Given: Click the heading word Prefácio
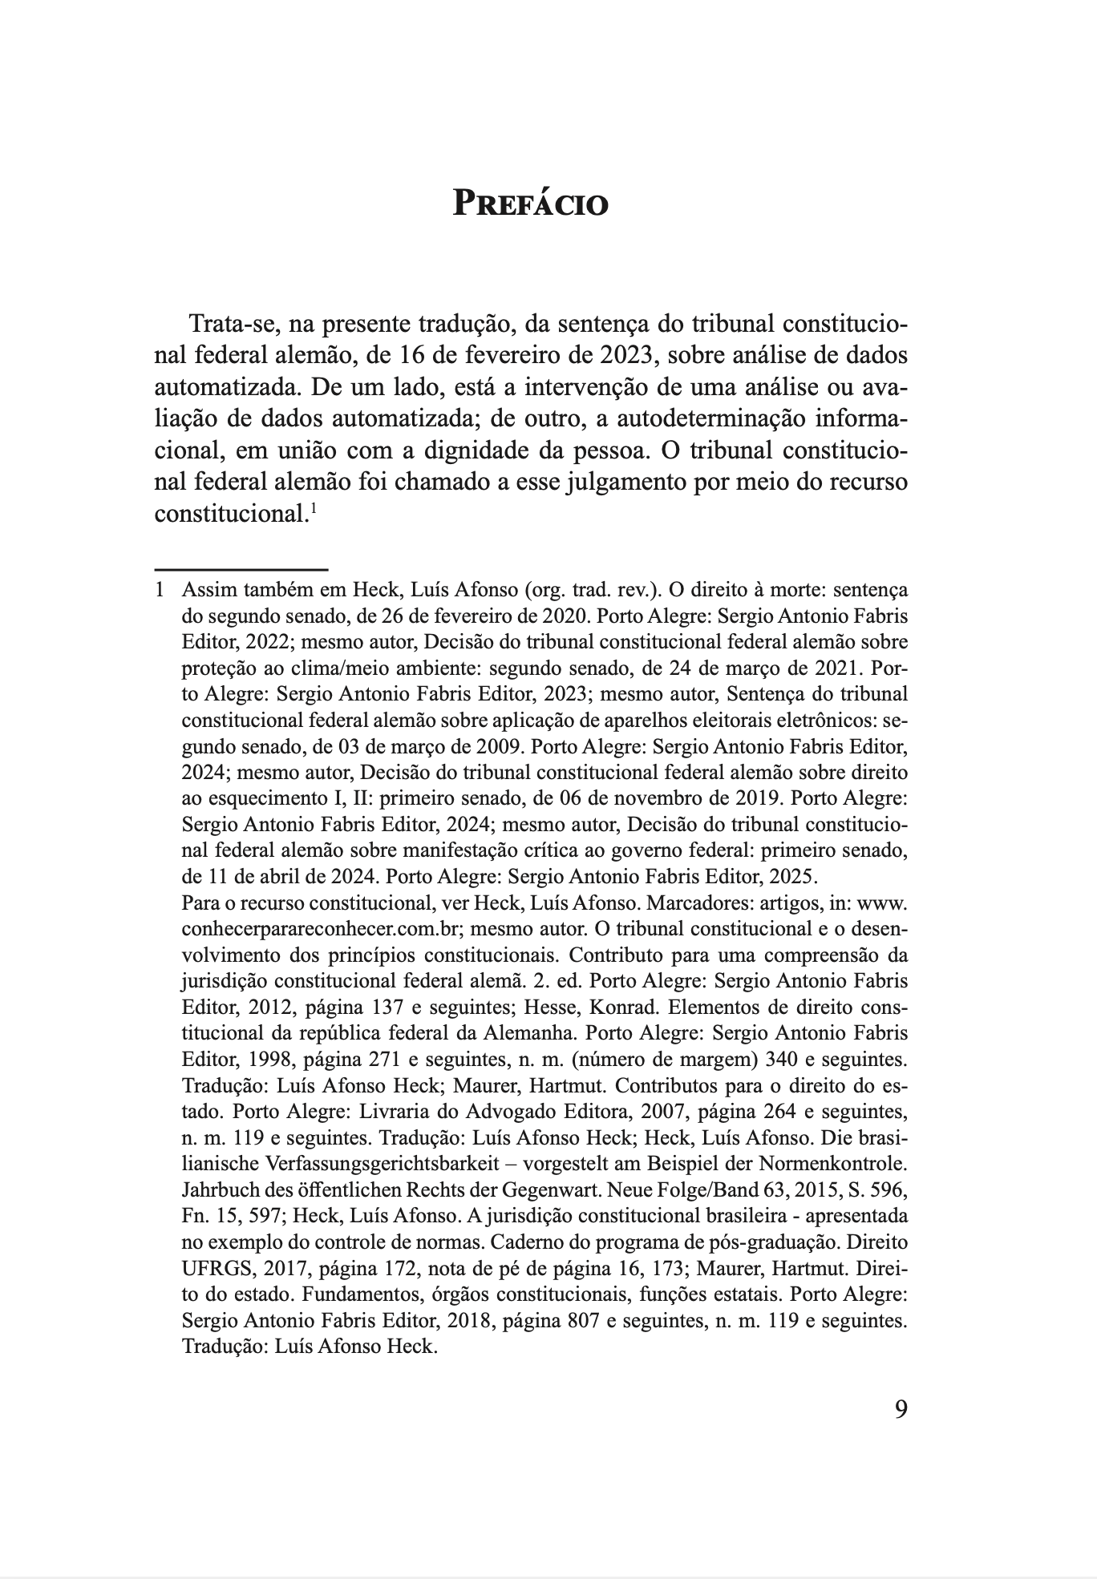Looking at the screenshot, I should (x=531, y=203).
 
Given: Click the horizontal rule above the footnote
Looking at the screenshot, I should (x=241, y=569).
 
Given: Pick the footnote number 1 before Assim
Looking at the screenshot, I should (x=159, y=591).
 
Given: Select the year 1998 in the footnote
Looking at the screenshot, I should (x=256, y=1060).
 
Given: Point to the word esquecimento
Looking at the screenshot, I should (x=253, y=799).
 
